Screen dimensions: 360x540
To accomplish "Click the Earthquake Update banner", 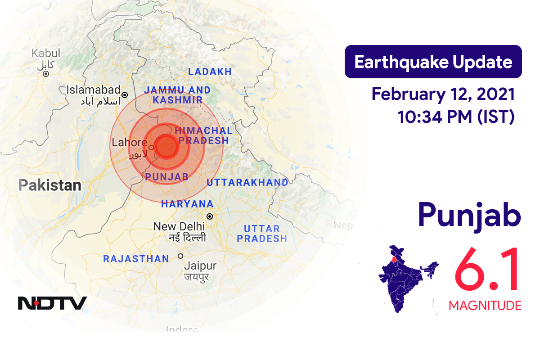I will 433,62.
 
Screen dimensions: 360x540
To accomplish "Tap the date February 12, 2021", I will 443,94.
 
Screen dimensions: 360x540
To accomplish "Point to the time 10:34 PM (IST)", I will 456,117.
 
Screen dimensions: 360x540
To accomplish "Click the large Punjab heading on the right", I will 469,215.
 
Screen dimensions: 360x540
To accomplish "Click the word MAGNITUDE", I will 485,306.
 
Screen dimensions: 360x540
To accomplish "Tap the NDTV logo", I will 52,303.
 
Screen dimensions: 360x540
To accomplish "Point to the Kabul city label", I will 45,54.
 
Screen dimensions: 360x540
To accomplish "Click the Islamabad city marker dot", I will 125,95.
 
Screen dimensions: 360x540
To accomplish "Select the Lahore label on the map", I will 129,143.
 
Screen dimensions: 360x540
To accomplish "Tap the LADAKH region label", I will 210,72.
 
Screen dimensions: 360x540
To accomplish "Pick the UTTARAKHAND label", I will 247,182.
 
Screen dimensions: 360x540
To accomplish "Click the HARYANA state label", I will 187,204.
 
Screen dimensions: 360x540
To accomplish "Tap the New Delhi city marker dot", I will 209,216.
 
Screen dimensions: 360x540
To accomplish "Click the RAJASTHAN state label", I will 136,259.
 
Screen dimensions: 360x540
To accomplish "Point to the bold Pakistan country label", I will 49,185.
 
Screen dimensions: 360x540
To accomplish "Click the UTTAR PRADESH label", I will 262,234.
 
